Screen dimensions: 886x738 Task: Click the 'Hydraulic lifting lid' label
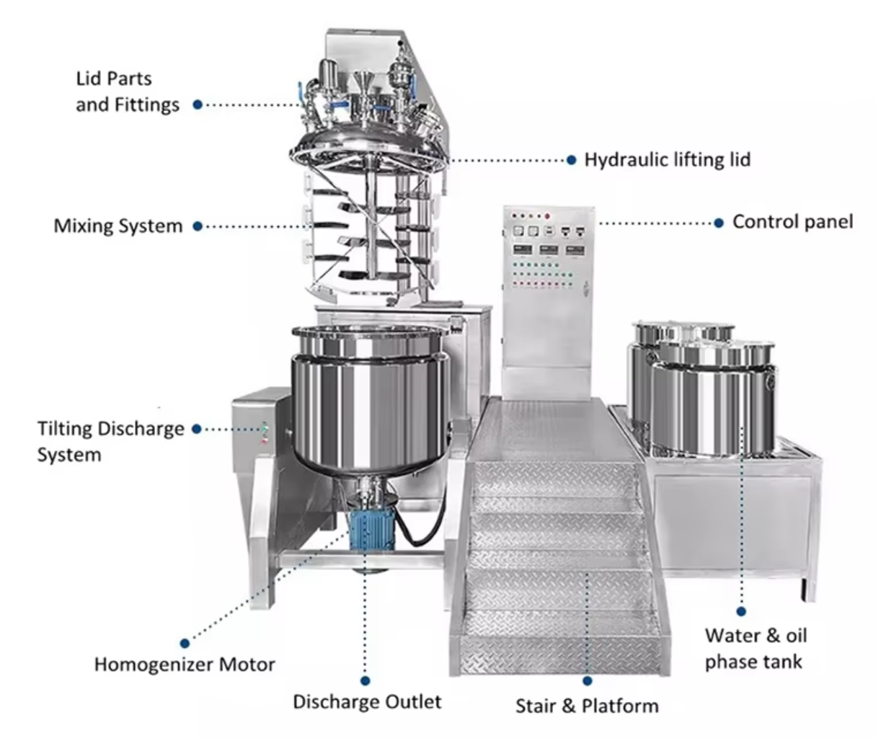(668, 160)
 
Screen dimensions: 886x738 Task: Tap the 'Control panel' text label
(793, 222)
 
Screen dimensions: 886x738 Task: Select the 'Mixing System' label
(118, 226)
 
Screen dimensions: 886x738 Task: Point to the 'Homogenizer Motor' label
(185, 664)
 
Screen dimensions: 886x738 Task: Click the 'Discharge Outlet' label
(367, 702)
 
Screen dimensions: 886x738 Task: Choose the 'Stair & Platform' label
(588, 706)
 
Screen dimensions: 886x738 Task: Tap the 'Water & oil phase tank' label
(756, 649)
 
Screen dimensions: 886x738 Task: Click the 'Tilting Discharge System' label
(111, 442)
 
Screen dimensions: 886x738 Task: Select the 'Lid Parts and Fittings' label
(128, 92)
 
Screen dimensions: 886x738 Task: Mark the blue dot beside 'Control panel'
(719, 223)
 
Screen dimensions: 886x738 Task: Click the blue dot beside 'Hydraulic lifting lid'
(572, 160)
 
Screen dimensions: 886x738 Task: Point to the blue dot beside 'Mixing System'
(198, 226)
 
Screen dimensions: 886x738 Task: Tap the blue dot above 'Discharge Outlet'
(366, 681)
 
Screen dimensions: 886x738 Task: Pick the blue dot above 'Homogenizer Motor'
(185, 644)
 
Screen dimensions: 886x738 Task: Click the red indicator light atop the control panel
(547, 217)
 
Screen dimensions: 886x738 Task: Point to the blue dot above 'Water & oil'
(741, 612)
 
